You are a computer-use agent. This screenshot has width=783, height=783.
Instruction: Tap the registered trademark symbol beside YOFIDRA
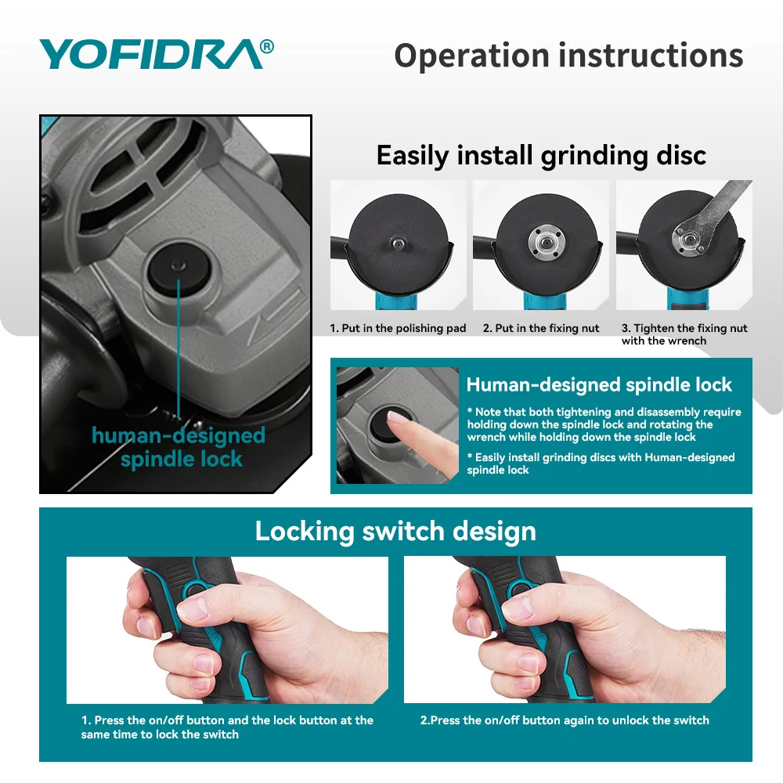tap(267, 46)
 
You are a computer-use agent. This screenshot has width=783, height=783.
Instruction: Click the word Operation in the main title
tap(471, 56)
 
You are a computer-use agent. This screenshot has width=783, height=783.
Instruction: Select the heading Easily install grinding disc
tap(541, 155)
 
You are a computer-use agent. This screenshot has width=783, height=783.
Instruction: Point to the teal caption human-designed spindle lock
tap(179, 447)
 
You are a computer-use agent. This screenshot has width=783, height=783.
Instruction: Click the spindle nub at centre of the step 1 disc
tap(398, 244)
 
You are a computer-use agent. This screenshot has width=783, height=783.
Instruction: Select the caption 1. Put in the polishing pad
tap(398, 328)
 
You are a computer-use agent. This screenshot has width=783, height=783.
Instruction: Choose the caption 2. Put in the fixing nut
tap(541, 328)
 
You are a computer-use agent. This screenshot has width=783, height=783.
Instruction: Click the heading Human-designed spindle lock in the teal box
tap(599, 384)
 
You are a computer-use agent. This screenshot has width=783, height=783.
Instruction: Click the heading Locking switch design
tap(395, 531)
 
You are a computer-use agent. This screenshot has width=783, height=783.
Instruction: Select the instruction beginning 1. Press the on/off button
tap(227, 727)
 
